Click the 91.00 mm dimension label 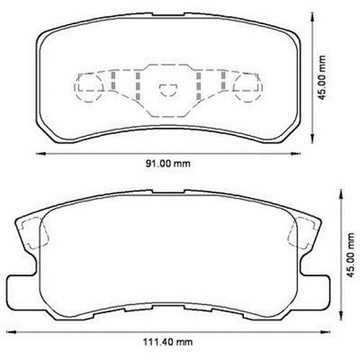coord(167,164)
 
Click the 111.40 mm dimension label coord(168,342)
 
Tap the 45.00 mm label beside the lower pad coord(352,255)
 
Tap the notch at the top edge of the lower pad coord(168,192)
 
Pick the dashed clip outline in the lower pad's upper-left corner coord(35,232)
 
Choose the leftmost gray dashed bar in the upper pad coord(113,80)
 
